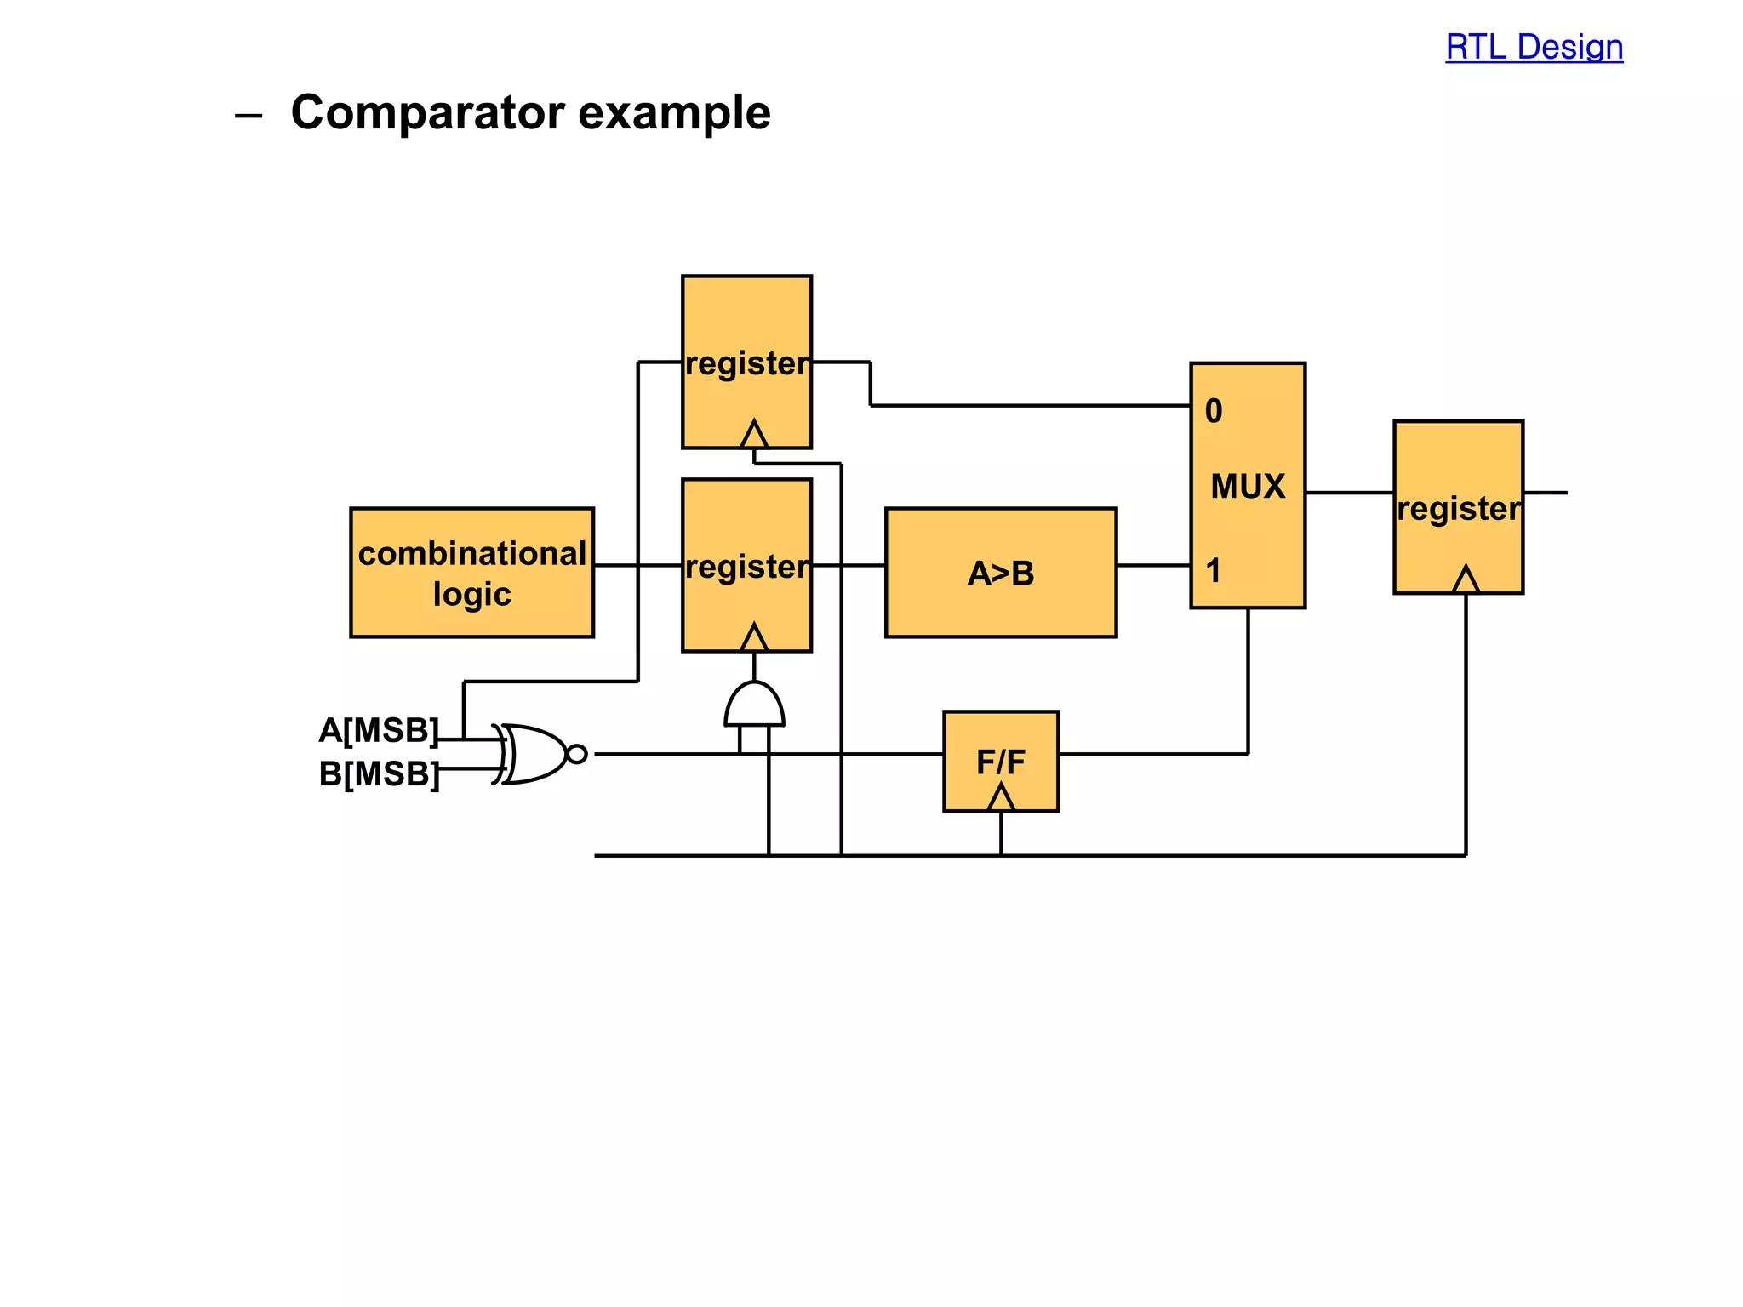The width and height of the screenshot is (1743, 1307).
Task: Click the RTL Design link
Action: coord(1534,47)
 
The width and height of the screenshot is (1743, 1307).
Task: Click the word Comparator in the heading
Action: coord(427,112)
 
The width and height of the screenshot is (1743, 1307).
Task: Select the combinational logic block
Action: coord(471,573)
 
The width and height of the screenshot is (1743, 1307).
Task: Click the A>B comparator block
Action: coord(1000,573)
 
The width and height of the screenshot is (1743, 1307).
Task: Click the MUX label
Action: coord(1248,487)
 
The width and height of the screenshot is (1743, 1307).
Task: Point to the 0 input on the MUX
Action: coord(1214,412)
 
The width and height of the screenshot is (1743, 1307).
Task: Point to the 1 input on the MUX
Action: coord(1214,570)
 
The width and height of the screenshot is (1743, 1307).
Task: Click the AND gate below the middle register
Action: coord(754,706)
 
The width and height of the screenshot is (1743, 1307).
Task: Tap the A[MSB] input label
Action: coord(379,730)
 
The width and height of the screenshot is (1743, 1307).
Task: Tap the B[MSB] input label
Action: coord(379,774)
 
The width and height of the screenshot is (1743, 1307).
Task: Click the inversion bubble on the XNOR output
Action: coord(577,754)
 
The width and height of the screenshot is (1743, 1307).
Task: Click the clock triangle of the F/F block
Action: coord(1001,799)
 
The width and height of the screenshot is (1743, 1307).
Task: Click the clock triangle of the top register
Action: coord(754,435)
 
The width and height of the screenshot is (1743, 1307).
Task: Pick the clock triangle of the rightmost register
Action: coord(1465,580)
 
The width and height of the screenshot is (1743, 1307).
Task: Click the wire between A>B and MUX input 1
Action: coord(1153,565)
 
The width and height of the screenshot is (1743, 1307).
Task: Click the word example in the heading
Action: coord(674,112)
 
